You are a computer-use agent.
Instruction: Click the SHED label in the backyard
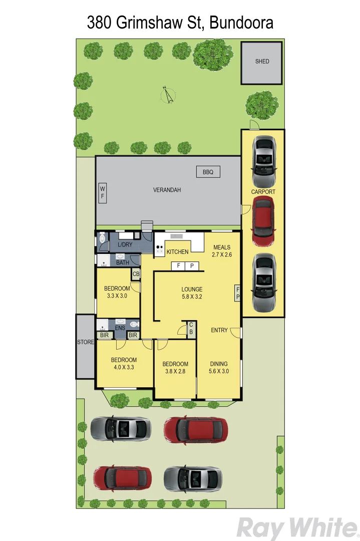(x=262, y=61)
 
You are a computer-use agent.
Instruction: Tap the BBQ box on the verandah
(x=208, y=172)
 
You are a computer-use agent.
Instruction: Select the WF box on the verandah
(x=103, y=192)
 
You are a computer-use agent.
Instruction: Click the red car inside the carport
(x=263, y=221)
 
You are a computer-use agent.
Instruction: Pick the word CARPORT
(x=263, y=192)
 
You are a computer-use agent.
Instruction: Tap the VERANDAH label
(x=167, y=190)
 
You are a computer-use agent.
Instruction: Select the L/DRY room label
(x=125, y=244)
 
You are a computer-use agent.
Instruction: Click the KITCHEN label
(x=177, y=251)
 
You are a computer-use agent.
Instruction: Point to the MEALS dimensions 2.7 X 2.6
(x=221, y=254)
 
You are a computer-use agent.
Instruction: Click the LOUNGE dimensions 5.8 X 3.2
(x=192, y=297)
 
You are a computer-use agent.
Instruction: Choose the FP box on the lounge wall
(x=238, y=293)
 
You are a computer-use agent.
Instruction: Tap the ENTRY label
(x=219, y=330)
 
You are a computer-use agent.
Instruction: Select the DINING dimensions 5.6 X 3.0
(x=219, y=371)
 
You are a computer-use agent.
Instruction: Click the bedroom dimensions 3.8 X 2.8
(x=175, y=371)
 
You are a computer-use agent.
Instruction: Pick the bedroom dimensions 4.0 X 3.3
(x=124, y=367)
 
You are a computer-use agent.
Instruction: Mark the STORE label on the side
(x=85, y=343)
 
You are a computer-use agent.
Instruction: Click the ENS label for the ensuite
(x=120, y=328)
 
